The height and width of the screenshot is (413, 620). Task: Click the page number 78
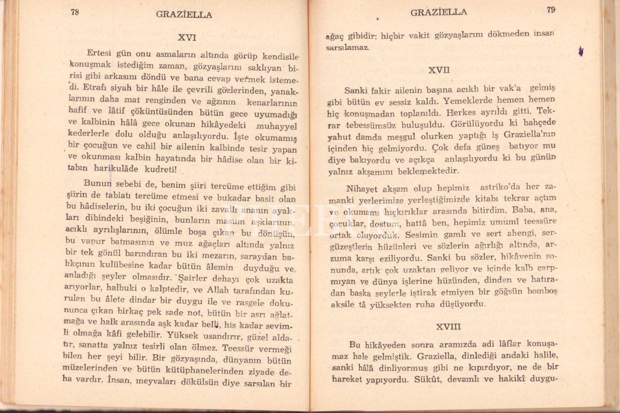click(75, 13)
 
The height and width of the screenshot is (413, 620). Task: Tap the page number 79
click(551, 10)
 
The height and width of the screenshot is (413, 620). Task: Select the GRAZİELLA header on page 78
click(184, 15)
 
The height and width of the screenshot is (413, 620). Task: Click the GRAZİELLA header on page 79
click(439, 12)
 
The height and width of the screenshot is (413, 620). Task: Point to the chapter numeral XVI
click(187, 37)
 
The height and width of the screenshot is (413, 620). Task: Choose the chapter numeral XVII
click(439, 71)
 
